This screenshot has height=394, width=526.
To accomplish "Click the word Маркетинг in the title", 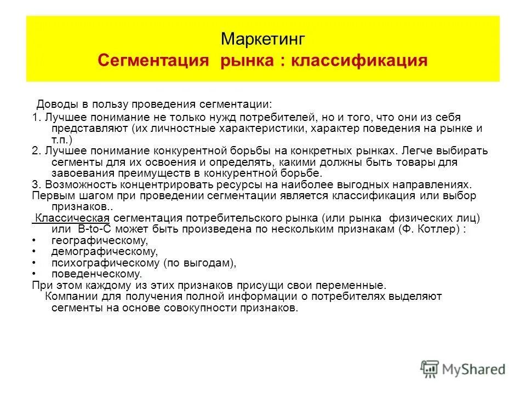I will click(262, 39).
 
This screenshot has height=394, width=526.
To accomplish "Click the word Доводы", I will click(54, 104).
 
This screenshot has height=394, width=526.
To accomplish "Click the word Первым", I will click(51, 196).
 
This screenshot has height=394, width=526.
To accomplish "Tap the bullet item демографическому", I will click(104, 252).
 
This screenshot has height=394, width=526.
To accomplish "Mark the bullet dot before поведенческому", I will click(35, 274).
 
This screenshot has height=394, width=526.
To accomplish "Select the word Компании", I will click(70, 297).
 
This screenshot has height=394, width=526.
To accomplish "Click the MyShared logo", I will click(463, 368).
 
